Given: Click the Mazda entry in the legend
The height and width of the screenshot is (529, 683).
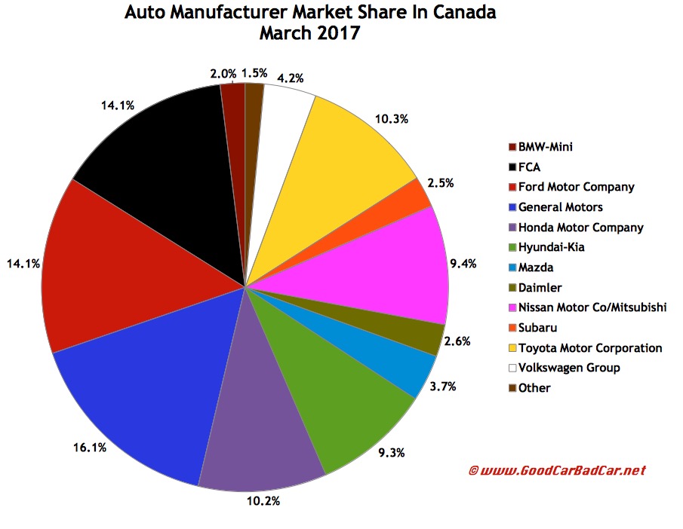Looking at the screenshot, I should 537,268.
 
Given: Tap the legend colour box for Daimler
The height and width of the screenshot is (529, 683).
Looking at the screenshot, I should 512,288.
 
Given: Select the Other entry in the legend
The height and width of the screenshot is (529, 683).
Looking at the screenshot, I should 535,388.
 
